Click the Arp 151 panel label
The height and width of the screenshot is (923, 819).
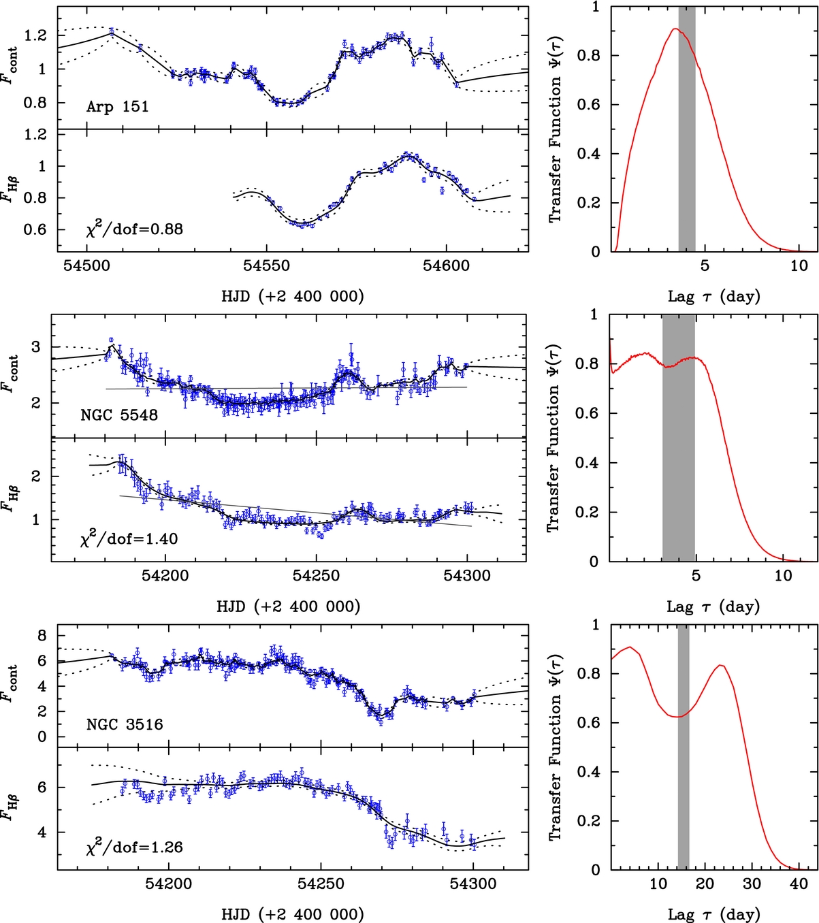(x=117, y=107)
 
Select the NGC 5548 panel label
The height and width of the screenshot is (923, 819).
(x=118, y=415)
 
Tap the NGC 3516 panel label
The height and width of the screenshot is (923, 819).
(x=125, y=724)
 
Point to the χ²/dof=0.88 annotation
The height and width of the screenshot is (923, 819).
(x=134, y=229)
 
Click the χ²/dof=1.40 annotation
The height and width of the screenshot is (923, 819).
(x=129, y=539)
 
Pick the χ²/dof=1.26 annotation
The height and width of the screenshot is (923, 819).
(x=134, y=847)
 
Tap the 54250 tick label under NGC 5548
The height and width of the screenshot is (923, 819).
(x=315, y=576)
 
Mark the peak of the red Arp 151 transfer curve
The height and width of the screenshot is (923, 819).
(x=675, y=29)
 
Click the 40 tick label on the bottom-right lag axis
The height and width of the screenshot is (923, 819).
(x=799, y=884)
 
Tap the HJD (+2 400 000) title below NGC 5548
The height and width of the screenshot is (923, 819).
(x=288, y=606)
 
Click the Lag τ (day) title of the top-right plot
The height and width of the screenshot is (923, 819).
(x=713, y=297)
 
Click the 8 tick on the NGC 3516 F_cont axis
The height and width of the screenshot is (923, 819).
(x=42, y=636)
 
